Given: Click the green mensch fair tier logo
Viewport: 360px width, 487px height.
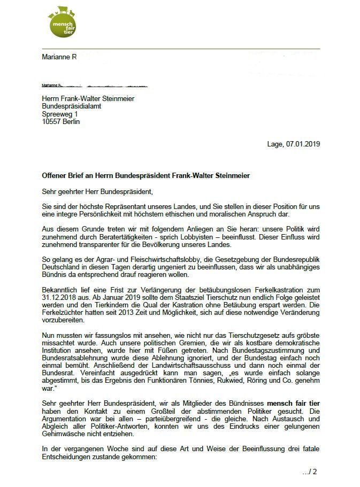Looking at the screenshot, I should [62, 22].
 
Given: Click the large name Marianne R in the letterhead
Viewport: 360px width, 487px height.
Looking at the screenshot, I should [59, 57].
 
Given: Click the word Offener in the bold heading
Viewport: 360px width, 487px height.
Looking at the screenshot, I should [55, 176].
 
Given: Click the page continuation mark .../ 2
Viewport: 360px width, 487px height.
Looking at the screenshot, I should [309, 471].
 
